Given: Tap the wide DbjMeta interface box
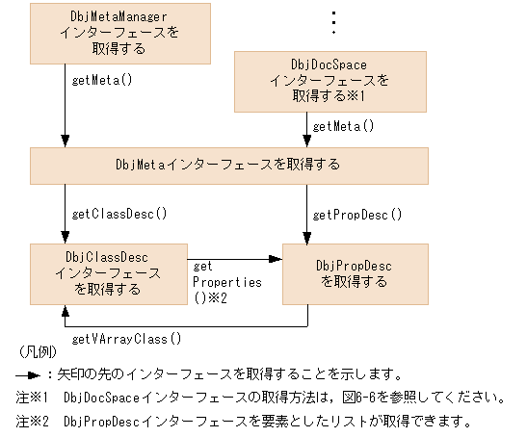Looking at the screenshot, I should pyautogui.click(x=227, y=165).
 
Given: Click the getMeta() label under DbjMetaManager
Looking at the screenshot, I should pyautogui.click(x=101, y=80).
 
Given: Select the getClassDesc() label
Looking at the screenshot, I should pyautogui.click(x=119, y=214).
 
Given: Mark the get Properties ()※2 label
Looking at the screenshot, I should pyautogui.click(x=227, y=282).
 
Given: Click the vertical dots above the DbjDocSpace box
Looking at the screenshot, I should pyautogui.click(x=332, y=22).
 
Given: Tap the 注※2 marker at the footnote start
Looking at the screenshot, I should pyautogui.click(x=35, y=421).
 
